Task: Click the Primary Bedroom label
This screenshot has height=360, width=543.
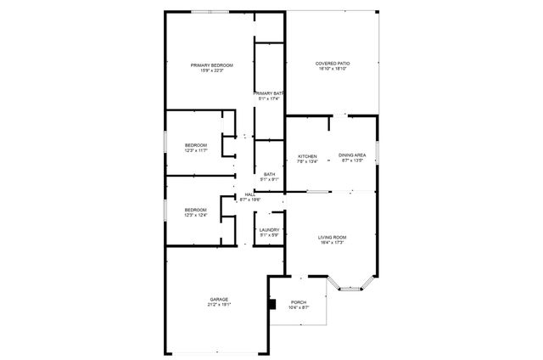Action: click(211, 65)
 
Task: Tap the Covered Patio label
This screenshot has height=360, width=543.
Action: click(333, 64)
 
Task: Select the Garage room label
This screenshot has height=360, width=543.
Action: click(219, 299)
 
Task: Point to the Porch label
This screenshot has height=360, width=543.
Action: click(299, 302)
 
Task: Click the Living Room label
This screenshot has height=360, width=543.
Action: click(333, 237)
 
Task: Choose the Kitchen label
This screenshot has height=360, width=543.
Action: click(307, 156)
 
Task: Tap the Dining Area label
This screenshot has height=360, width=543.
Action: click(352, 156)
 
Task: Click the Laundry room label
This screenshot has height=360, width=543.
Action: click(269, 229)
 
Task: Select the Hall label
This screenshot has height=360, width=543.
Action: click(250, 194)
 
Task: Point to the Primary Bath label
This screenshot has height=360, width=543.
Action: click(269, 93)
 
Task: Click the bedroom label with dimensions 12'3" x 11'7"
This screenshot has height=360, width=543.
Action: click(196, 145)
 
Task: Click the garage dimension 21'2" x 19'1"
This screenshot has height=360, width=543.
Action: click(219, 305)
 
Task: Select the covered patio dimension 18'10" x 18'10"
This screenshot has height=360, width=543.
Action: click(333, 70)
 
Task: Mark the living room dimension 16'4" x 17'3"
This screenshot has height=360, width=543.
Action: click(333, 243)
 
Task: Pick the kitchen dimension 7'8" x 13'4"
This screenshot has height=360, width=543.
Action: click(307, 161)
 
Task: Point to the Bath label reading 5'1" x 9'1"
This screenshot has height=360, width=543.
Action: click(269, 174)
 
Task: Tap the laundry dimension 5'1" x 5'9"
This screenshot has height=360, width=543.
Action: click(269, 234)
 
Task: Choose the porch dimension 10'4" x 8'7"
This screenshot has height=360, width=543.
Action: click(299, 308)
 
